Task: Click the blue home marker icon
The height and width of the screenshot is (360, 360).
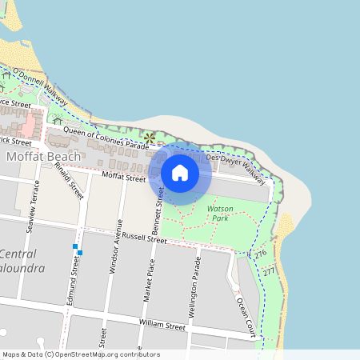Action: pyautogui.click(x=180, y=172)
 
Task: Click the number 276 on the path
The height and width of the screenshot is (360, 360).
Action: pyautogui.click(x=260, y=254)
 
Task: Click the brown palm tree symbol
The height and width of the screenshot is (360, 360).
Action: pyautogui.click(x=148, y=137)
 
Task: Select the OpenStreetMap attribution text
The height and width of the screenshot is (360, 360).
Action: pyautogui.click(x=80, y=354)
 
